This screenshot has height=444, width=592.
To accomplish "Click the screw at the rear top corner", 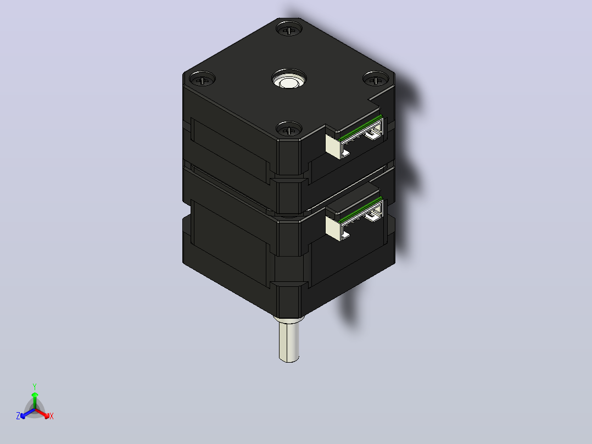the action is [289, 30].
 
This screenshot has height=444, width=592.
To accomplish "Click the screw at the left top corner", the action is [202, 79].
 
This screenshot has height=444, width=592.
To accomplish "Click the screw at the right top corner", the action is [376, 79].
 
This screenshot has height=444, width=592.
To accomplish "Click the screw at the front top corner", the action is [289, 130].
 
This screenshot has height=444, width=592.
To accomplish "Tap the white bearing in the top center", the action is [289, 80].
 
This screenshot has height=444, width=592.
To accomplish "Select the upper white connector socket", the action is [354, 138].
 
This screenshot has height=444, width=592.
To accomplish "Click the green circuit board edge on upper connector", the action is [360, 127].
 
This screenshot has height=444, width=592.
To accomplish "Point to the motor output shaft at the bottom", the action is [289, 340].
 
